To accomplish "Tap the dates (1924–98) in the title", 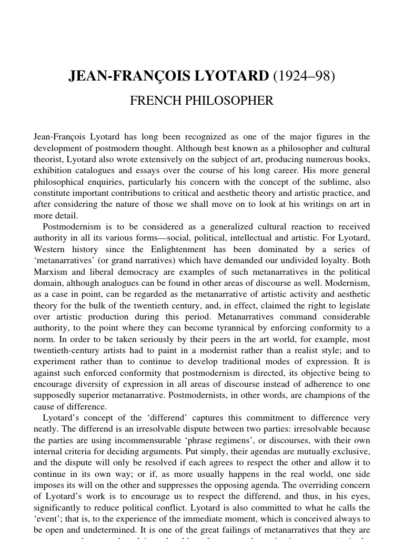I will [304, 76].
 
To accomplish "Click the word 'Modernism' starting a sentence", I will [349, 283].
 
